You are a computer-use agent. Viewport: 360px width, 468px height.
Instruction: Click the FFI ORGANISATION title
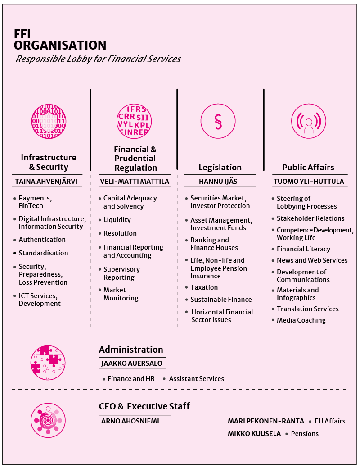click(x=60, y=40)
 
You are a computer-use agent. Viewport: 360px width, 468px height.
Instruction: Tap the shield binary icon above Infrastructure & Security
click(x=49, y=122)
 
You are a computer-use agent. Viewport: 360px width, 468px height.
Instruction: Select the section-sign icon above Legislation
click(x=218, y=121)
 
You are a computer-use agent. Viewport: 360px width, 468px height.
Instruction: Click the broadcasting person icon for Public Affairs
click(x=309, y=121)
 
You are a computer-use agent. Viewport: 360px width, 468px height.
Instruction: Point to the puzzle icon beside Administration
click(x=48, y=363)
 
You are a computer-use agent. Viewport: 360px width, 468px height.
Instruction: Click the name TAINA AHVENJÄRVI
click(x=46, y=182)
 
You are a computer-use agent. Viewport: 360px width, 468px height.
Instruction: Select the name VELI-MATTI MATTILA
click(x=135, y=182)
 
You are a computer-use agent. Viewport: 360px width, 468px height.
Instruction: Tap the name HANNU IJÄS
click(x=218, y=182)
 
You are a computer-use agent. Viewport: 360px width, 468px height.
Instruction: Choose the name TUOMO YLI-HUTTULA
click(x=309, y=182)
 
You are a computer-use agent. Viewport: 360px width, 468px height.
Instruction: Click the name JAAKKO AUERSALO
click(x=132, y=363)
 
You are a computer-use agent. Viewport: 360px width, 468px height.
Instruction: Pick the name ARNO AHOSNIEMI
click(x=130, y=421)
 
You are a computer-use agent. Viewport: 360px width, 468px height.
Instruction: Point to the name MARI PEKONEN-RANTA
click(x=266, y=421)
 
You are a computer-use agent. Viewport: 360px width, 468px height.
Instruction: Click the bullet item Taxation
click(x=204, y=287)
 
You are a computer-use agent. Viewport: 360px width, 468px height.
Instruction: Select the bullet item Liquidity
click(x=117, y=220)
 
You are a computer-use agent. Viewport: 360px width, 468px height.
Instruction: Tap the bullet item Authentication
click(x=42, y=240)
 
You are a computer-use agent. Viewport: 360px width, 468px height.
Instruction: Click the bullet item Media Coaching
click(x=301, y=320)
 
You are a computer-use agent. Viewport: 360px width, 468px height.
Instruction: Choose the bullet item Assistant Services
click(x=197, y=379)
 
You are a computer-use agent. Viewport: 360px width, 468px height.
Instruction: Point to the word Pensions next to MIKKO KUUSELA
click(x=305, y=434)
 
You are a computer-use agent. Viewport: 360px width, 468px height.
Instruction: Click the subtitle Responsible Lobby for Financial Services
click(x=98, y=59)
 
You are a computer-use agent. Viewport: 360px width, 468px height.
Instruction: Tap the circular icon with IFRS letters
click(x=134, y=122)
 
